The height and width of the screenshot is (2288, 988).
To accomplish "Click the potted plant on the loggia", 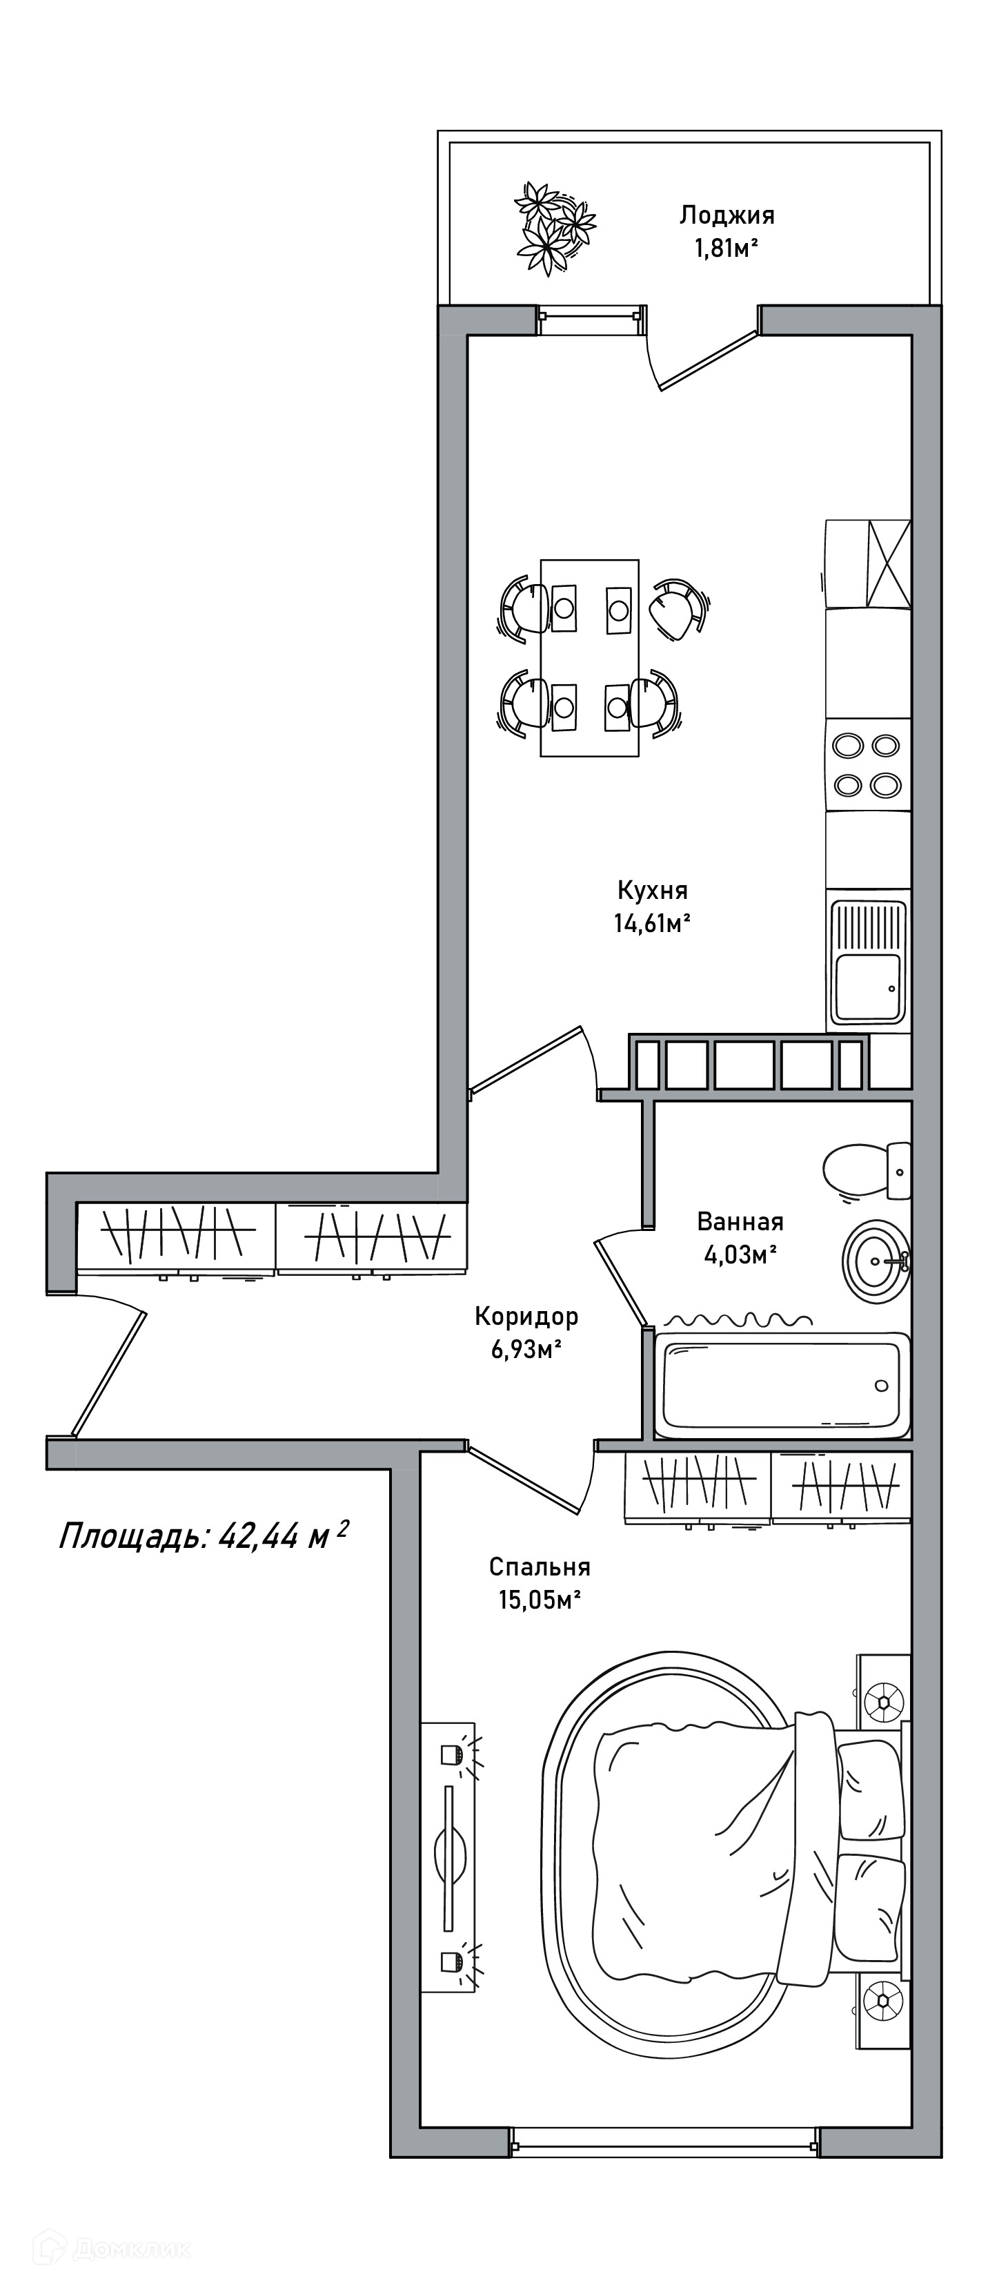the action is tap(555, 229).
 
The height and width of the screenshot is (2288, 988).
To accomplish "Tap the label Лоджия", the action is tap(727, 215).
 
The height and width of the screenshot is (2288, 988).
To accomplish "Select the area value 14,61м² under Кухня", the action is tap(651, 924).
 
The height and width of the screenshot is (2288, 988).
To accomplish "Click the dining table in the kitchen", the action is tap(589, 657).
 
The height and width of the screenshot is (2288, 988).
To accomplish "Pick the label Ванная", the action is tap(740, 1221).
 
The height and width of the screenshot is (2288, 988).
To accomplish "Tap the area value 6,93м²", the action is tap(526, 1350).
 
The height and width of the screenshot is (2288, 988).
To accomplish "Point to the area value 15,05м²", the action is tap(540, 1600).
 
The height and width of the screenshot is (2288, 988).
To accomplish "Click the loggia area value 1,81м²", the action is tap(727, 249).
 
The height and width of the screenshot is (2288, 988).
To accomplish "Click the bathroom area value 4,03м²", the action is tap(740, 1255).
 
